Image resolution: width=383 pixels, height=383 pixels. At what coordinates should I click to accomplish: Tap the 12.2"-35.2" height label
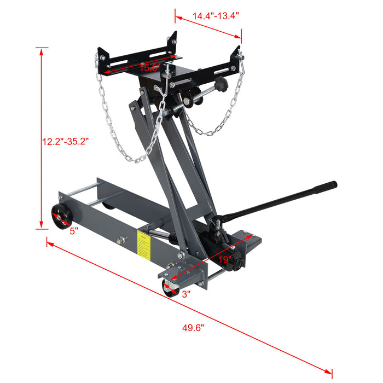click(x=65, y=141)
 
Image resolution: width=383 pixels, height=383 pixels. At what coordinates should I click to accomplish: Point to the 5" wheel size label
click(x=74, y=231)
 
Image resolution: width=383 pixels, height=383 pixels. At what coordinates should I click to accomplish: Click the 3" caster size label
click(x=185, y=294)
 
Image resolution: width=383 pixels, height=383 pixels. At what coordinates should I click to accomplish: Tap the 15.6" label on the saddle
click(x=149, y=68)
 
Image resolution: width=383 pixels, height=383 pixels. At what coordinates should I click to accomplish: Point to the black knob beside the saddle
click(x=220, y=86)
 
